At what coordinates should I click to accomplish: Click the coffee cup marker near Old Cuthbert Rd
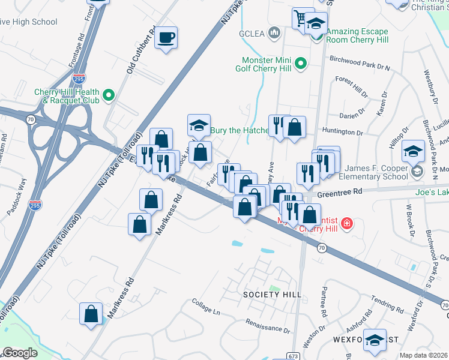click(166, 38)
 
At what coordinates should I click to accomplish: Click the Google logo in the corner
click(20, 353)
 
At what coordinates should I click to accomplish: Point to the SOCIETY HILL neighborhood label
click(272, 295)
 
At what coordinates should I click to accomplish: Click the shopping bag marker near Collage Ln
click(91, 314)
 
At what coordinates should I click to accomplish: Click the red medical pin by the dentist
click(346, 224)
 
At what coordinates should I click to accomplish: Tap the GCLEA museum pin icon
click(275, 32)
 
